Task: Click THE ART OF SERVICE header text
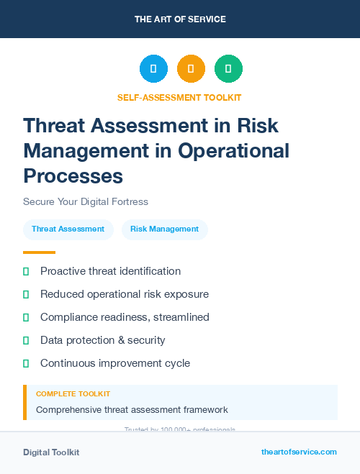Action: (x=180, y=19)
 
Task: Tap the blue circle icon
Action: (x=153, y=69)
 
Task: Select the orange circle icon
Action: (x=191, y=69)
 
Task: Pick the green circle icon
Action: (x=228, y=69)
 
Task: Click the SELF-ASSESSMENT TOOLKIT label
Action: (x=179, y=97)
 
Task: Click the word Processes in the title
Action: (x=73, y=176)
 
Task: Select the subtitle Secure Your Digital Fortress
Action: (x=86, y=201)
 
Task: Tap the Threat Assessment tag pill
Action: (x=68, y=229)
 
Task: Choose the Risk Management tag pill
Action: (x=164, y=229)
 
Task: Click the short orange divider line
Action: (x=39, y=252)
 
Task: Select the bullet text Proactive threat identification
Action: (x=110, y=271)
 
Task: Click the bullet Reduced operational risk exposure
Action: (x=124, y=294)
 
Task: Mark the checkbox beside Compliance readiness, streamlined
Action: (x=26, y=317)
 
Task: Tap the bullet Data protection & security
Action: (x=102, y=340)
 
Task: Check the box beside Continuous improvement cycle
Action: (x=26, y=363)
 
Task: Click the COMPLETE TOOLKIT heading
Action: (x=73, y=394)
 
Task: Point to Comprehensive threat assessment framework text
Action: (x=132, y=410)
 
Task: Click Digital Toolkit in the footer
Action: (x=51, y=452)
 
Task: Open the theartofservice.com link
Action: (x=299, y=452)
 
